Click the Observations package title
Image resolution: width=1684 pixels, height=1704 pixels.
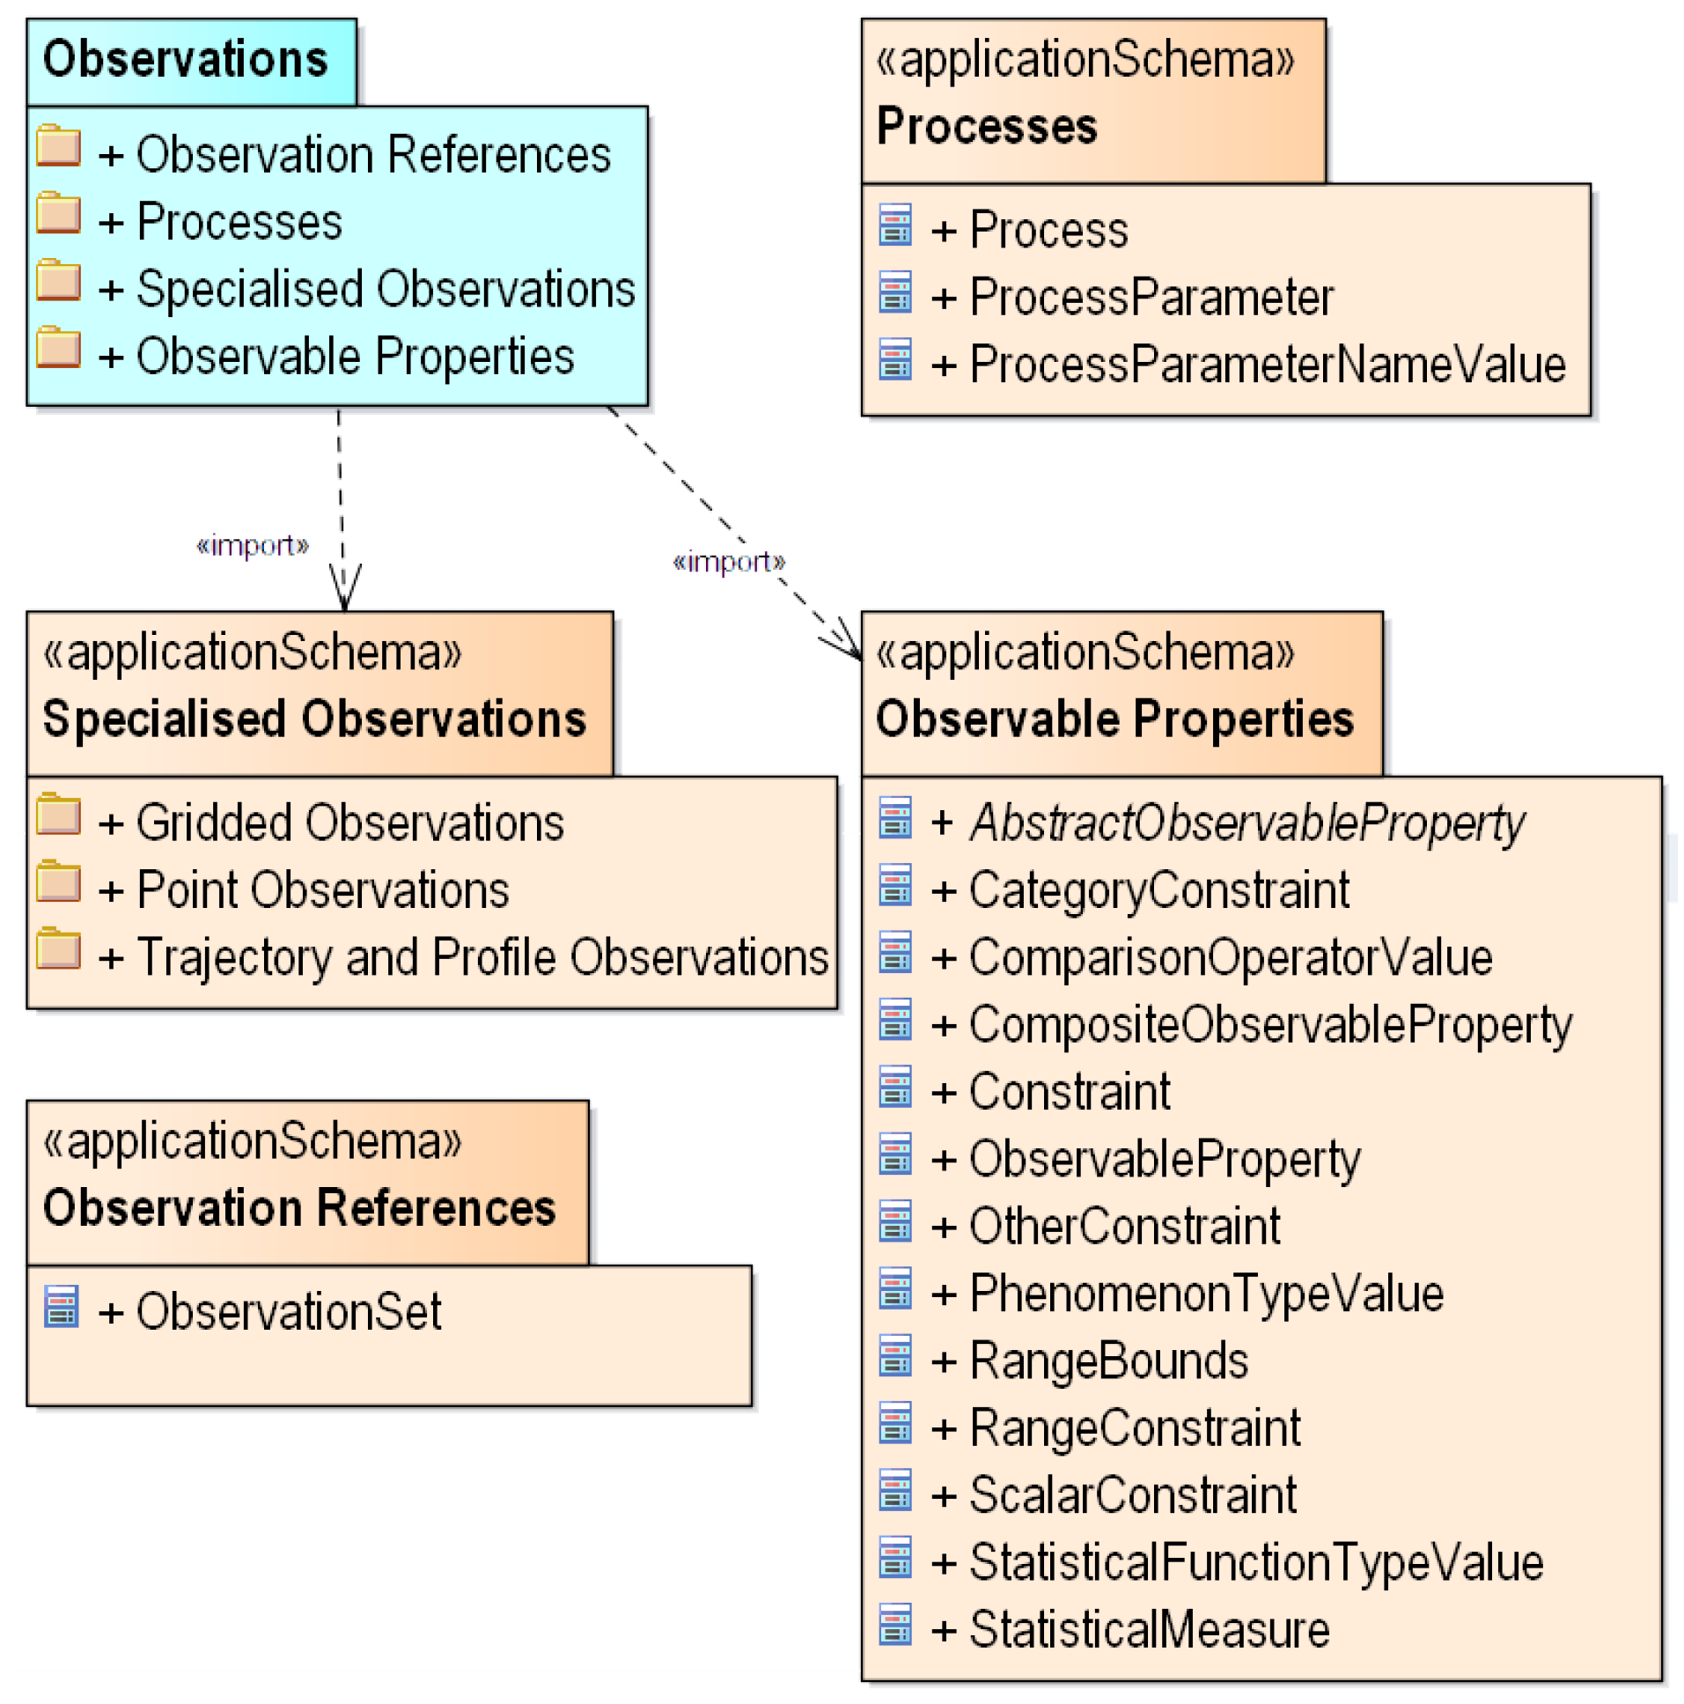coord(185,60)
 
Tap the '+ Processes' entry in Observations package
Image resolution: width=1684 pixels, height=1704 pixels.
coord(220,221)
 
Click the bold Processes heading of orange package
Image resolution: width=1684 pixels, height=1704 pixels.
coord(987,126)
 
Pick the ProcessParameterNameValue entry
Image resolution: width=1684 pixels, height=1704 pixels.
coord(1248,365)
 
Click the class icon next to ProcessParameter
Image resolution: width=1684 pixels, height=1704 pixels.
coord(895,293)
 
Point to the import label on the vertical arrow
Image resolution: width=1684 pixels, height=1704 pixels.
coord(252,545)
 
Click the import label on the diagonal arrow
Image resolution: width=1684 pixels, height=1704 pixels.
coord(728,562)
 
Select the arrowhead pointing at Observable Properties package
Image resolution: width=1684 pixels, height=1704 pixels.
coord(845,642)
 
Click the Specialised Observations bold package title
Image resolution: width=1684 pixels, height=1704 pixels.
coord(314,719)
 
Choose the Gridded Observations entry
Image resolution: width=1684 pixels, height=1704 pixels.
coord(331,822)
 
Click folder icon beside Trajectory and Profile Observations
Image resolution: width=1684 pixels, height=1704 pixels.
coord(59,950)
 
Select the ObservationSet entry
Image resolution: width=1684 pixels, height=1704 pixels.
coord(268,1310)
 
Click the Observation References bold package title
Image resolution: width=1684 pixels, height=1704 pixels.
coord(299,1207)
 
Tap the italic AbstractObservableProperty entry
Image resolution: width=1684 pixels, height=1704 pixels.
coord(1228,822)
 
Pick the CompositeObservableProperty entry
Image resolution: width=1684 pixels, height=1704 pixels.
coord(1252,1025)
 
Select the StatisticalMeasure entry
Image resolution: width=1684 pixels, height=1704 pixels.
coord(1130,1629)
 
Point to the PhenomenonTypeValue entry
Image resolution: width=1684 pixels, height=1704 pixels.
coord(1188,1294)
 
